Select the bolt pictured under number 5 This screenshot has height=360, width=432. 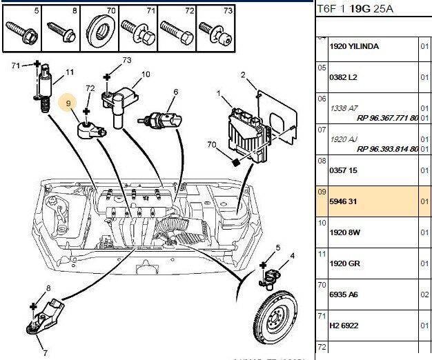coord(21,31)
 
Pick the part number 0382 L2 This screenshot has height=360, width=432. coord(343,77)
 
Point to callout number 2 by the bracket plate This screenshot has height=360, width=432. coord(243,74)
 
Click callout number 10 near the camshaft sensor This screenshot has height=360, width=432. coord(146,74)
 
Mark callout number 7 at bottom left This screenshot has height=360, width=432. coord(44,352)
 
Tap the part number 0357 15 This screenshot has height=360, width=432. coord(343,169)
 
